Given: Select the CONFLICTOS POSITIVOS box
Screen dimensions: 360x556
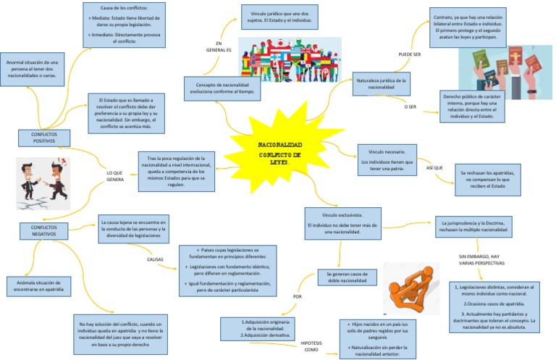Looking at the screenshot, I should pyautogui.click(x=44, y=138).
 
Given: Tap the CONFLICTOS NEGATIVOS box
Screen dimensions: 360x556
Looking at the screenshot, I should pyautogui.click(x=44, y=230).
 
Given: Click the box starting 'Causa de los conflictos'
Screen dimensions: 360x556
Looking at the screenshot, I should pyautogui.click(x=122, y=26).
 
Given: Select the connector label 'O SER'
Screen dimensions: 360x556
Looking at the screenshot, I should pyautogui.click(x=410, y=106).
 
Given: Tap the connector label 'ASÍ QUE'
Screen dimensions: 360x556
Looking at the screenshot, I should pyautogui.click(x=434, y=167).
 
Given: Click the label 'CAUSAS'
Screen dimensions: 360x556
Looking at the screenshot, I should pyautogui.click(x=155, y=258).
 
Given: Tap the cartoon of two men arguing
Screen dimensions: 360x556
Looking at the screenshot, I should pyautogui.click(x=43, y=183).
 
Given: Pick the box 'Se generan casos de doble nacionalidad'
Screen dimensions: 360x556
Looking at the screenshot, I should pyautogui.click(x=348, y=277).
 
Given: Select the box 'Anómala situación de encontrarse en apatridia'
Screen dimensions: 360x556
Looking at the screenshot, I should pyautogui.click(x=39, y=285).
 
